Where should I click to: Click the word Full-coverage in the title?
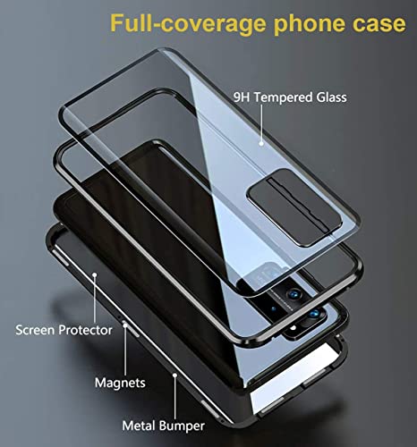point(188,23)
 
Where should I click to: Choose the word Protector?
point(85,330)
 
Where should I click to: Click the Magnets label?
point(120,383)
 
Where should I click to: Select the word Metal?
point(139,426)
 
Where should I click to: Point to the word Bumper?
point(182,426)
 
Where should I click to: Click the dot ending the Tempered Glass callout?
point(261,144)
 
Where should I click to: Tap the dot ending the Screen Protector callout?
point(95,274)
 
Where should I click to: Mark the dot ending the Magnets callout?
point(125,325)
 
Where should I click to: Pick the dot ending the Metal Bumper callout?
point(175,375)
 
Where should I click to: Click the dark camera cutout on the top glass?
point(294,207)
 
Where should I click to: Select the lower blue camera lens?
point(314,314)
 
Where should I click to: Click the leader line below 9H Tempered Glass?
point(261,122)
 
